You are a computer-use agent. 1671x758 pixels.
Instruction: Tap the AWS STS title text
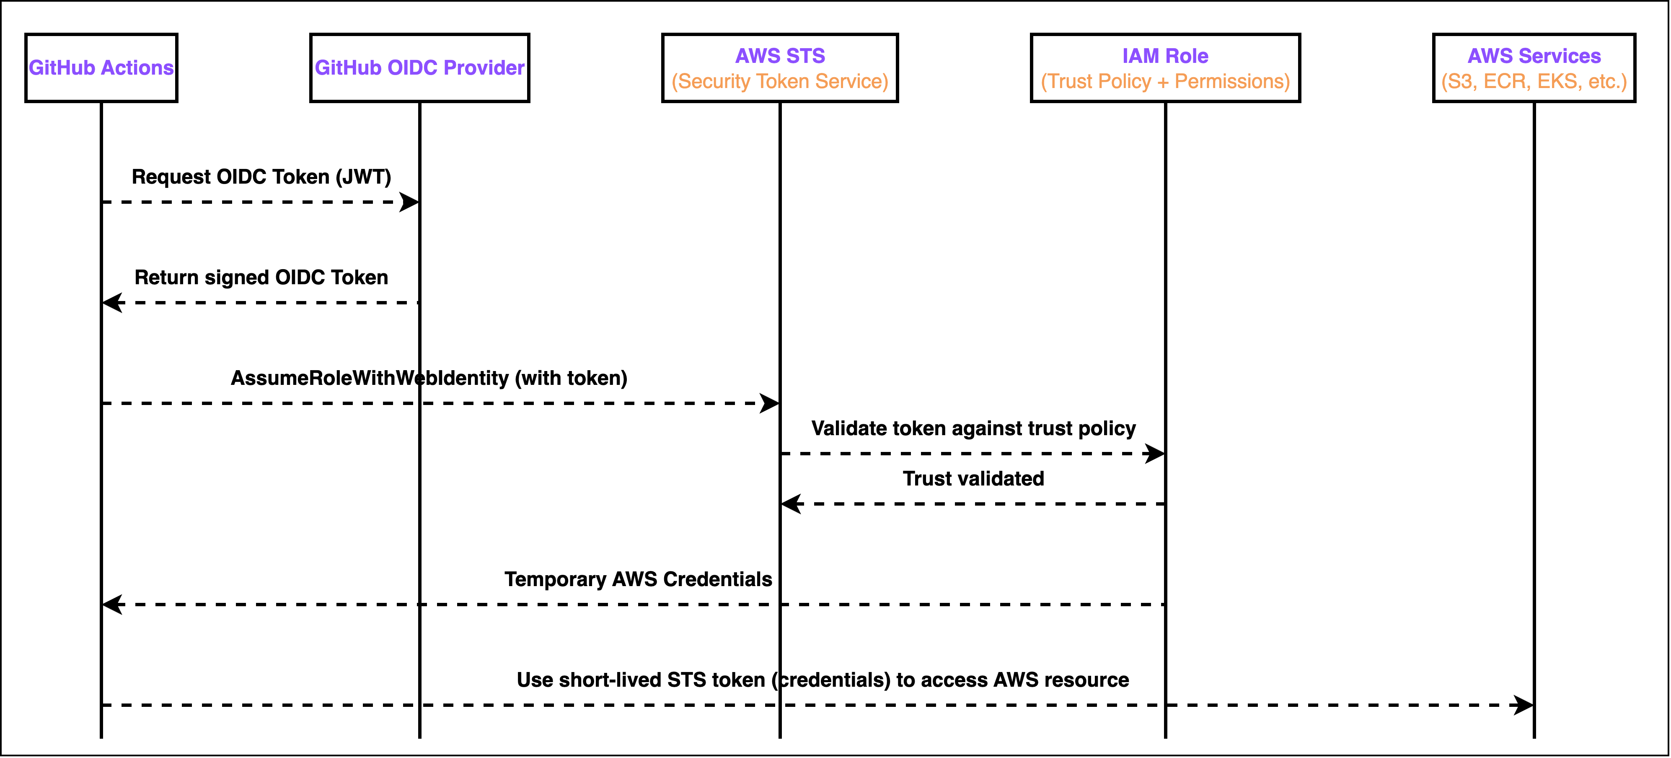pyautogui.click(x=780, y=56)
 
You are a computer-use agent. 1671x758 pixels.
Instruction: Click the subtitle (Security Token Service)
pyautogui.click(x=780, y=81)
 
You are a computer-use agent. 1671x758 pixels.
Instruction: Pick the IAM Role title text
pyautogui.click(x=1165, y=56)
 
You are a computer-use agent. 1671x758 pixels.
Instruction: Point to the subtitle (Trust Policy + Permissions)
pyautogui.click(x=1165, y=81)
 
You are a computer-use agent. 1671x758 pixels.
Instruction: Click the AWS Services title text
pyautogui.click(x=1534, y=56)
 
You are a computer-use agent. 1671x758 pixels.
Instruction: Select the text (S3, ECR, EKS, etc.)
pyautogui.click(x=1534, y=81)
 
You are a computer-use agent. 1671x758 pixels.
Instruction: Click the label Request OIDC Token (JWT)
pyautogui.click(x=261, y=177)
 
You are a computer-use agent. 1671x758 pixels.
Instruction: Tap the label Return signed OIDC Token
pyautogui.click(x=261, y=277)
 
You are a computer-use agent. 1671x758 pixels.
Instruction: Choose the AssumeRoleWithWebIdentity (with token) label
pyautogui.click(x=429, y=378)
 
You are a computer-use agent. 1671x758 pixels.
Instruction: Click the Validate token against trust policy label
pyautogui.click(x=973, y=428)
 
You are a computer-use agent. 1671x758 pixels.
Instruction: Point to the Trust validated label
pyautogui.click(x=973, y=478)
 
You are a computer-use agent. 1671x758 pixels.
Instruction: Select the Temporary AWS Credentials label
pyautogui.click(x=638, y=579)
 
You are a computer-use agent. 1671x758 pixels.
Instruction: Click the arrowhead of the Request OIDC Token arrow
pyautogui.click(x=410, y=202)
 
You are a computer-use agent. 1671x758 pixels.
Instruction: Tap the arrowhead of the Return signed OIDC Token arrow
pyautogui.click(x=112, y=302)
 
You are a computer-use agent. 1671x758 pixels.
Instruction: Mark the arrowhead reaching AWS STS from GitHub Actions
pyautogui.click(x=770, y=403)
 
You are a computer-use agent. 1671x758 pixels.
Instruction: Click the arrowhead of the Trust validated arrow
pyautogui.click(x=791, y=504)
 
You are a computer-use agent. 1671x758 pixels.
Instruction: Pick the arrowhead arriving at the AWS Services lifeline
pyautogui.click(x=1524, y=705)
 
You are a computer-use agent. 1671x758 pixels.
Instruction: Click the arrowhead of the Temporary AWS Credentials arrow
pyautogui.click(x=112, y=604)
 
